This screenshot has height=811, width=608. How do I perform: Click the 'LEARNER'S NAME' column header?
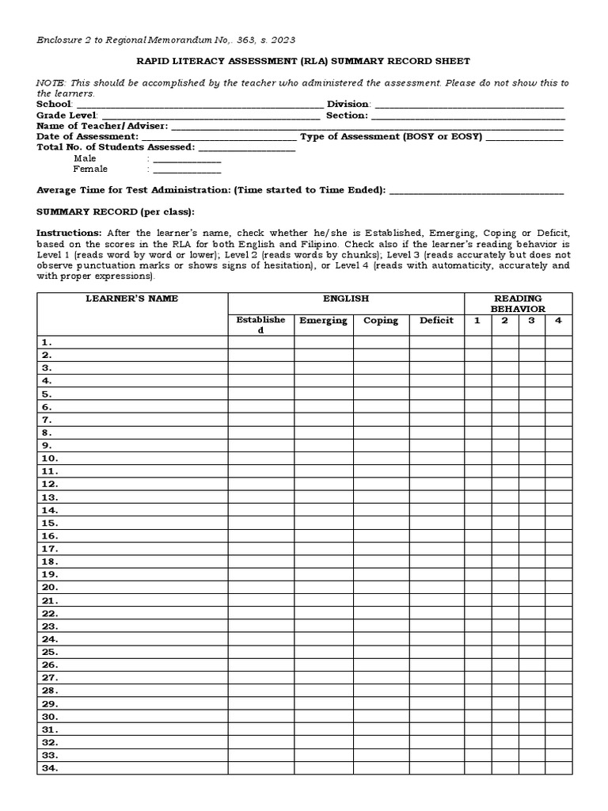[132, 299]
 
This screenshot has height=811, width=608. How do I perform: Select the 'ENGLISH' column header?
[346, 299]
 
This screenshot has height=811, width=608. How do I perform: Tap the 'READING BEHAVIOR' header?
[518, 303]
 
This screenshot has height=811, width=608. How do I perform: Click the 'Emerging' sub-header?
[323, 321]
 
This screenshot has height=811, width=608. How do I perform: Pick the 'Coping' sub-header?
[381, 321]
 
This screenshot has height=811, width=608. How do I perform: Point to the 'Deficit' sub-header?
[436, 321]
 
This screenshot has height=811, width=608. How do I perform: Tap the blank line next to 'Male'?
[187, 160]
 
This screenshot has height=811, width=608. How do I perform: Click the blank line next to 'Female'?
[187, 170]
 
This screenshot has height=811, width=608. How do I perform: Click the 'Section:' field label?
[347, 116]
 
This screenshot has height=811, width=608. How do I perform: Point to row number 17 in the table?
[50, 549]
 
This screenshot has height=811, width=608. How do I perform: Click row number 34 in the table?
[50, 768]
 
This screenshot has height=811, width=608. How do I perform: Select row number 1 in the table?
[47, 342]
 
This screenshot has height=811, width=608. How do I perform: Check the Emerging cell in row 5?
[323, 394]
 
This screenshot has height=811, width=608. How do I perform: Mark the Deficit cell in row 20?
[436, 588]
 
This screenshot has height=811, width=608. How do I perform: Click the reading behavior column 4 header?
[558, 321]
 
